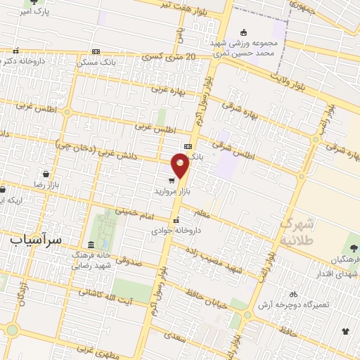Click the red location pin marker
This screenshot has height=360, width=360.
(181, 166)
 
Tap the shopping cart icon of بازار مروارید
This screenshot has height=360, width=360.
(171, 180)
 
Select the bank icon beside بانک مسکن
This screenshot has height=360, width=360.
(96, 51)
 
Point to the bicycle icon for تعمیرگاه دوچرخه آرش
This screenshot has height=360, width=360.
(293, 294)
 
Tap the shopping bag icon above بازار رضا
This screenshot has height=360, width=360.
(46, 174)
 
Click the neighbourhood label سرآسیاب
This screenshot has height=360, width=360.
(36, 239)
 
